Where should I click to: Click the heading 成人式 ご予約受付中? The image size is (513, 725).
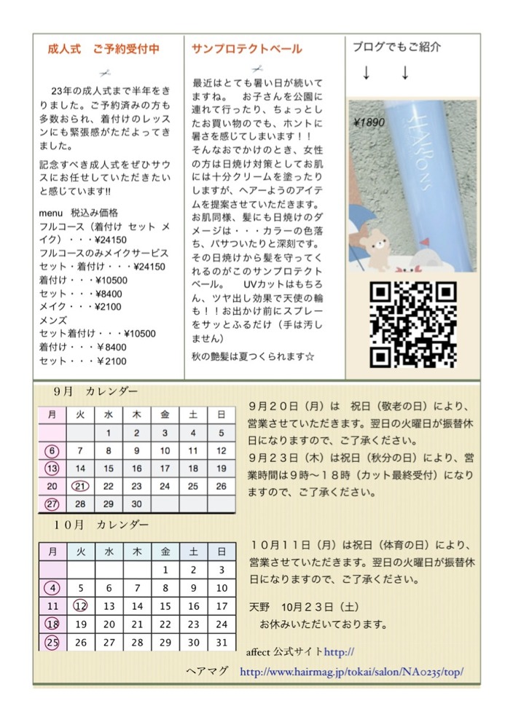tap(103, 50)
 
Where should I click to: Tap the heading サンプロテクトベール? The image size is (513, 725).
tap(246, 50)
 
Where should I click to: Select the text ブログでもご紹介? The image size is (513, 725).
tap(396, 47)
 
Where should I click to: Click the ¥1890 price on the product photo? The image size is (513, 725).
tap(368, 123)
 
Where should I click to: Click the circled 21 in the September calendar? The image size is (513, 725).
tap(80, 486)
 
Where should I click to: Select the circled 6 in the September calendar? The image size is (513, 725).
tap(52, 450)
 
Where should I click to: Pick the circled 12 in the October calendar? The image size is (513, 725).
tap(81, 606)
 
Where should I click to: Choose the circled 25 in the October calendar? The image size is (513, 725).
tap(52, 642)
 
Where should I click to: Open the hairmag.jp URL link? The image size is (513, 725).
tap(351, 672)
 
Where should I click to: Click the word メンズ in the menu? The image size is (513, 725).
tap(52, 319)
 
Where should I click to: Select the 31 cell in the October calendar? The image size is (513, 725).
tap(222, 642)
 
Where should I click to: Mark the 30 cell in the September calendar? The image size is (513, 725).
tap(136, 503)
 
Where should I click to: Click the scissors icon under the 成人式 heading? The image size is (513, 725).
tap(104, 72)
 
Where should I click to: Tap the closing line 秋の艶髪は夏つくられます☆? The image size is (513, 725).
tap(252, 356)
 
